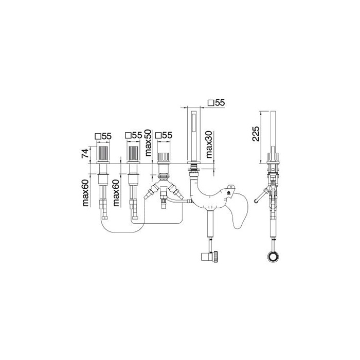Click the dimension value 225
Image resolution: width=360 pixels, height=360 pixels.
[256, 133]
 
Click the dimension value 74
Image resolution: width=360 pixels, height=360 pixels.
[85, 153]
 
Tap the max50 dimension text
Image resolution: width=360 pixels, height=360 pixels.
[148, 143]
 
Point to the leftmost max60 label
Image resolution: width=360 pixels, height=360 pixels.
[85, 193]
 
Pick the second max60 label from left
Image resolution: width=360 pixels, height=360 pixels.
[116, 193]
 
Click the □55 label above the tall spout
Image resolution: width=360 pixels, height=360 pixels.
[216, 103]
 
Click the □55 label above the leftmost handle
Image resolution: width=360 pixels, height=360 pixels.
[103, 136]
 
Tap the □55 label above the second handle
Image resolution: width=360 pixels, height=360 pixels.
[133, 135]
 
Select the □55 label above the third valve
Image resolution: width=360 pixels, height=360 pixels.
[164, 135]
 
